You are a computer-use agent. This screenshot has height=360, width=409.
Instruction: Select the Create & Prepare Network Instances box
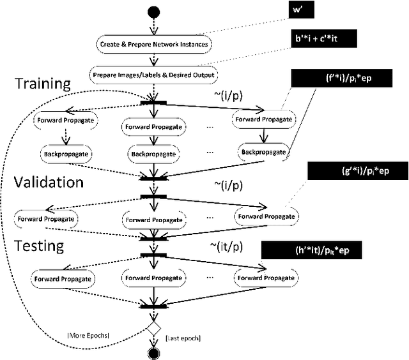pos(154,45)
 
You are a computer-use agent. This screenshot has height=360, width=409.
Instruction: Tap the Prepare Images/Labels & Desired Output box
pos(153,75)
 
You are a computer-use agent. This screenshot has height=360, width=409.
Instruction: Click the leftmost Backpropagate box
pos(65,154)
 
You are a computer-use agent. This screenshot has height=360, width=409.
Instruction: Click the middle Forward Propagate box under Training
pos(153,126)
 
